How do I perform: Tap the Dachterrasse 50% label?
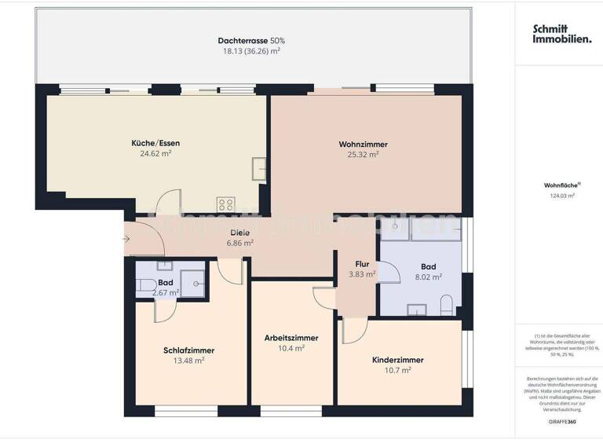[x=250, y=40]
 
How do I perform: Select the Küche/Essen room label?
[x=155, y=143]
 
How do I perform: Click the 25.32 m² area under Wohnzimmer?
[x=363, y=155]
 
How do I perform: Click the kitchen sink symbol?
[x=259, y=167]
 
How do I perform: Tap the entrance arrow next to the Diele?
[x=128, y=237]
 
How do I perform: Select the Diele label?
[x=240, y=233]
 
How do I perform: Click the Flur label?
[x=362, y=264]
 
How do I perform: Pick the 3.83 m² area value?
[x=362, y=274]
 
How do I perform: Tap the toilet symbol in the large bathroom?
[x=446, y=304]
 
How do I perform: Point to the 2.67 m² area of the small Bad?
[x=165, y=293]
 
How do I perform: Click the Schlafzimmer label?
[x=188, y=350]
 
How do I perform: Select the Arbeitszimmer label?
[x=291, y=338]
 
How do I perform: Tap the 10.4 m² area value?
[x=291, y=348]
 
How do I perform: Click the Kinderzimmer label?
[x=398, y=360]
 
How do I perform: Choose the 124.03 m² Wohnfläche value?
[x=562, y=196]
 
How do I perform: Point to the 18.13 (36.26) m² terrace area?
[x=250, y=50]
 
